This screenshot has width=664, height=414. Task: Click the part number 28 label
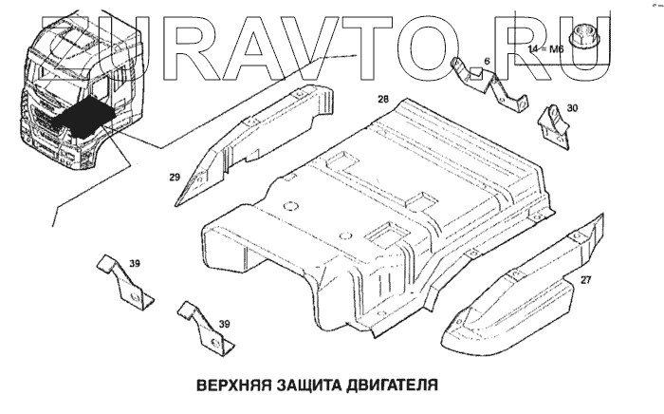[x=382, y=99]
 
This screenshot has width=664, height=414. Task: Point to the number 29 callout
[x=175, y=178]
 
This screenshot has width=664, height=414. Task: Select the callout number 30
[x=571, y=109]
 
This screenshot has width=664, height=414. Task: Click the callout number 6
[x=487, y=62]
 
